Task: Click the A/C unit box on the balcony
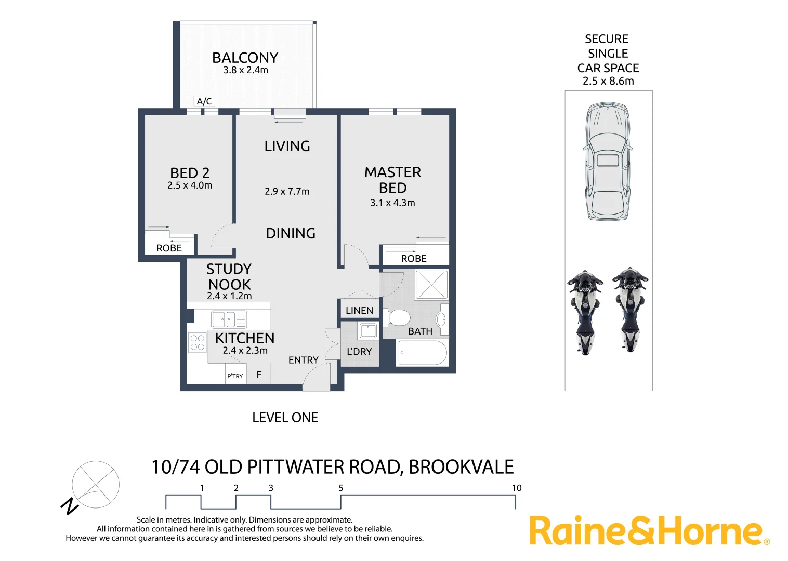click(x=204, y=101)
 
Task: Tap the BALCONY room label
click(x=245, y=58)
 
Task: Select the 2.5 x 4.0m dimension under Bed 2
click(x=190, y=185)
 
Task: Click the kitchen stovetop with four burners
click(x=198, y=342)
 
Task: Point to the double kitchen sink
click(x=229, y=319)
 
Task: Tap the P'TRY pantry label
click(x=235, y=376)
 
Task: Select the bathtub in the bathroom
click(x=422, y=353)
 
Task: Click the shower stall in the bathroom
click(x=431, y=284)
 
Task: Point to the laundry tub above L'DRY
click(x=367, y=330)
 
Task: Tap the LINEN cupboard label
click(x=359, y=311)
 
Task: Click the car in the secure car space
click(x=608, y=161)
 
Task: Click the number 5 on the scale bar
click(x=341, y=488)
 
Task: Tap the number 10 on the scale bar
click(x=516, y=488)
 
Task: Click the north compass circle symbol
click(x=96, y=485)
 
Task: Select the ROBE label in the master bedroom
click(x=414, y=259)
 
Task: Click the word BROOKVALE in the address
click(x=461, y=467)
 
